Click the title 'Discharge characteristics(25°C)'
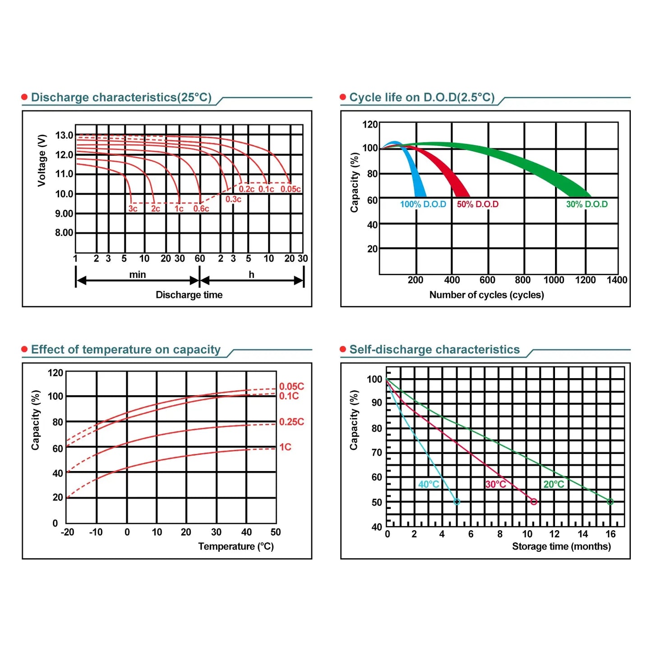[x=121, y=97]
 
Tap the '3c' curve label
[x=133, y=208]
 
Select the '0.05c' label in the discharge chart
[x=291, y=189]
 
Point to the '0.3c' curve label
[x=233, y=199]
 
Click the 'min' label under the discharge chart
[x=138, y=274]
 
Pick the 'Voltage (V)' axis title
[x=42, y=160]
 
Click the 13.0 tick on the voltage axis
[x=64, y=135]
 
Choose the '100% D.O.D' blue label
[x=423, y=204]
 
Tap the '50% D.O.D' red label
[x=477, y=204]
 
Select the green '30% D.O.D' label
[x=587, y=204]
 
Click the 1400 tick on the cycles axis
[x=617, y=280]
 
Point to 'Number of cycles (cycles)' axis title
[x=486, y=295]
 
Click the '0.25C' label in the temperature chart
[x=291, y=422]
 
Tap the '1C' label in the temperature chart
[x=285, y=447]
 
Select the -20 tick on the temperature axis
[x=67, y=532]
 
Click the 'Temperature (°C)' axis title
[x=236, y=546]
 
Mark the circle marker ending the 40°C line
[x=457, y=502]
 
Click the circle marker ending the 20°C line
[x=610, y=502]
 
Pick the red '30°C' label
[x=495, y=484]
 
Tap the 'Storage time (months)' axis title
[x=561, y=546]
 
